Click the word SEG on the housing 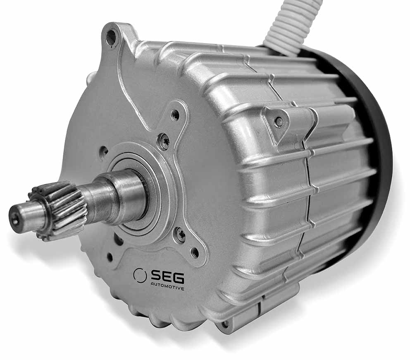coord(167,277)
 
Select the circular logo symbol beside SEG coord(140,276)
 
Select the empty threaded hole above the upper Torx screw coord(176,115)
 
